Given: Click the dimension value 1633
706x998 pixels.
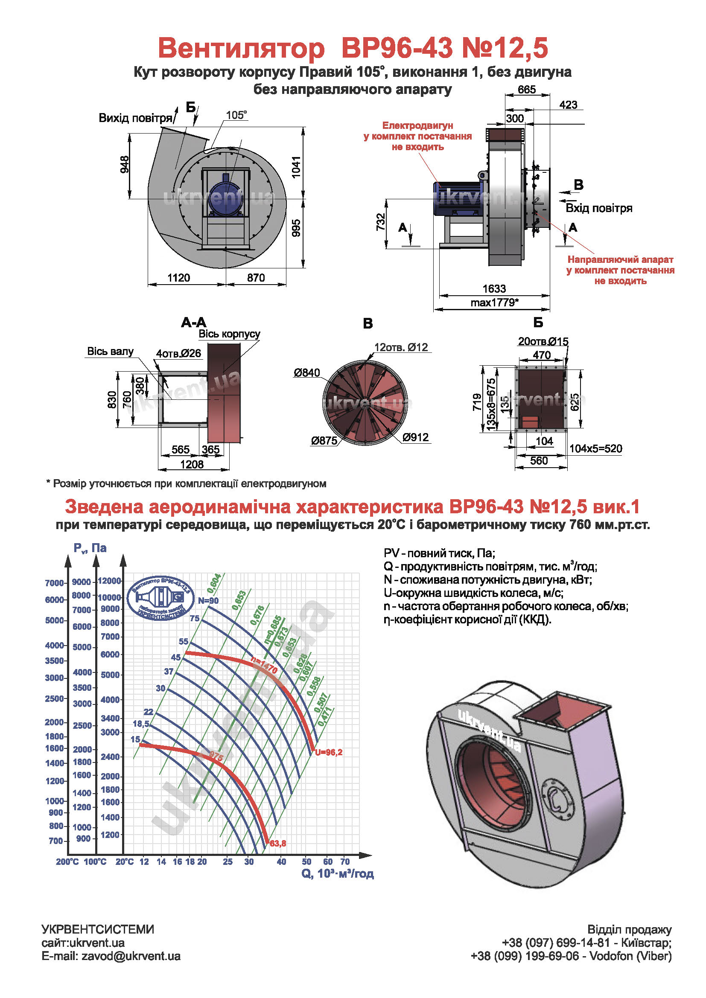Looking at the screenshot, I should tap(494, 288).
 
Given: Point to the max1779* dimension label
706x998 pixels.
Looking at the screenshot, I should tap(494, 303).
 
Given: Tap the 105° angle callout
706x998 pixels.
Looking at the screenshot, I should tap(236, 115).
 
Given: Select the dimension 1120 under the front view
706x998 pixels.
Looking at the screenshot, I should tap(179, 278).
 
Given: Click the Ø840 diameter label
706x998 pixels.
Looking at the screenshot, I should tap(306, 372).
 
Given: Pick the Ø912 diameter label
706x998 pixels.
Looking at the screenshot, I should tap(415, 437).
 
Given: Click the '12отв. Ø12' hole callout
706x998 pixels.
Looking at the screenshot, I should tap(401, 347).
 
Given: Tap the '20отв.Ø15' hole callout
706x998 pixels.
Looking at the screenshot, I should tap(543, 342).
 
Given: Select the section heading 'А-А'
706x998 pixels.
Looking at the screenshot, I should tap(194, 323).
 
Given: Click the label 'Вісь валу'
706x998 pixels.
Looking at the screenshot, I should tap(111, 351).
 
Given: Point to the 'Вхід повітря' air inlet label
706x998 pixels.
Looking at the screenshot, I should tap(598, 208).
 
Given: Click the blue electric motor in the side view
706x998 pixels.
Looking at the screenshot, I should tap(456, 198).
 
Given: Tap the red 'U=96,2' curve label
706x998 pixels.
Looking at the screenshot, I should tap(329, 752).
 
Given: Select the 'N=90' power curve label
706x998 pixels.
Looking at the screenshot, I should tap(208, 601).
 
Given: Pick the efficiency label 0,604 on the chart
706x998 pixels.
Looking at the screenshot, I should tap(214, 583).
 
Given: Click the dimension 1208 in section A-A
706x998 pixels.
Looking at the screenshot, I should tap(192, 464).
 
